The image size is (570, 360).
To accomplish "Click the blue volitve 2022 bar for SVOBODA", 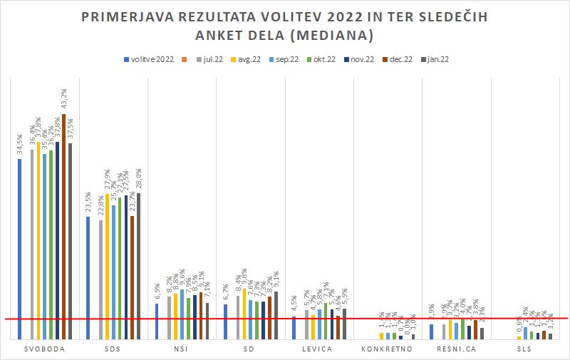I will [19, 248].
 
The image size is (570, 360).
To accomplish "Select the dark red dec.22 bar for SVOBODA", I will [63, 226].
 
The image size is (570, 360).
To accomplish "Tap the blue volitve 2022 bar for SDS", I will [88, 277].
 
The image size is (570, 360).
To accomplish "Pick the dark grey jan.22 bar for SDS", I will [138, 265].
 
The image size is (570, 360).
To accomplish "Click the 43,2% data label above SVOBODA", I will [64, 101].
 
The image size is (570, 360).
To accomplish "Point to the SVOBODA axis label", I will [44, 349].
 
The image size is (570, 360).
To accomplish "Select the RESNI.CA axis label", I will [457, 349].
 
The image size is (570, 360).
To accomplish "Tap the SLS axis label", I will [526, 349].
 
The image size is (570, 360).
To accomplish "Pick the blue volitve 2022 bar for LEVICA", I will [294, 327].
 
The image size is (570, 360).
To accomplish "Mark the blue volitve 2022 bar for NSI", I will [157, 321].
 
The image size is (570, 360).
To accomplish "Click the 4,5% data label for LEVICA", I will [294, 305].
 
